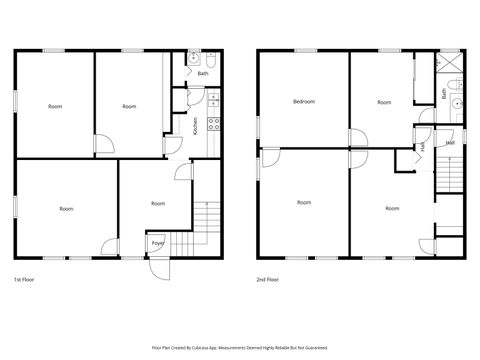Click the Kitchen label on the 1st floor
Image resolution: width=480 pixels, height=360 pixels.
[x=196, y=125]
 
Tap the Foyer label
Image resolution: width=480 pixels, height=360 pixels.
[x=158, y=243]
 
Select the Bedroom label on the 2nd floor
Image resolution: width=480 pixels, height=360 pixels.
[x=304, y=102]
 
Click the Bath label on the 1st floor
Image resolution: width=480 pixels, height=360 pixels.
[x=202, y=73]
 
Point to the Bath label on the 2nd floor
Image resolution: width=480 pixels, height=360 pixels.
[x=444, y=94]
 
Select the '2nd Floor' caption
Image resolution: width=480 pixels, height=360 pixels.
[x=268, y=279]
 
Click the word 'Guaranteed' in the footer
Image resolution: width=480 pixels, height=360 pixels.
[x=312, y=347]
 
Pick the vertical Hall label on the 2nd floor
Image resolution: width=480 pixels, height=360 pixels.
[x=423, y=147]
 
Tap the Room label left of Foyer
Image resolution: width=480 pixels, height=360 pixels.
[x=66, y=209]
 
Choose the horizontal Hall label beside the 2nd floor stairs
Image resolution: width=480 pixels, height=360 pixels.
[x=451, y=143]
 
